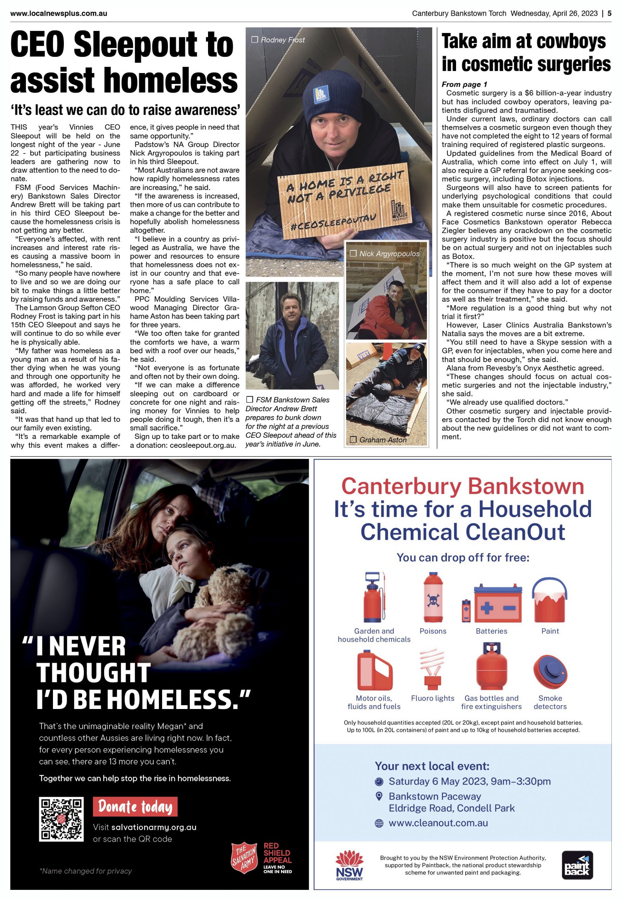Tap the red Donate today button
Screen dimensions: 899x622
[x=135, y=807]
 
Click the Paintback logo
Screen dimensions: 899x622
[x=577, y=865]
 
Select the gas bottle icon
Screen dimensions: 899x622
[x=491, y=667]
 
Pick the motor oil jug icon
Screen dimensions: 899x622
[x=374, y=670]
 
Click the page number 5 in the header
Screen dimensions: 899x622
[x=609, y=13]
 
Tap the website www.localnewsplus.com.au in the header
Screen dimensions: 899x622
[x=59, y=13]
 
